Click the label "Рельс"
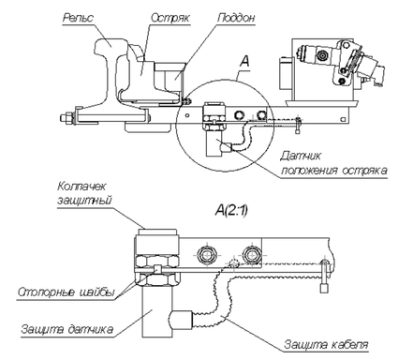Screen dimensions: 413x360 pyautogui.click(x=78, y=18)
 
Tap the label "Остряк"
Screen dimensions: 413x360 pyautogui.click(x=170, y=18)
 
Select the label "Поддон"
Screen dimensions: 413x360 pyautogui.click(x=236, y=18)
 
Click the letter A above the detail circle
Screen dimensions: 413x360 pyautogui.click(x=244, y=61)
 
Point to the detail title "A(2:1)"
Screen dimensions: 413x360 pyautogui.click(x=231, y=211)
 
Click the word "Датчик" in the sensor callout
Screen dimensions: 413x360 pyautogui.click(x=300, y=156)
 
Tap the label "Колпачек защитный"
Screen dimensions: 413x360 pyautogui.click(x=84, y=193)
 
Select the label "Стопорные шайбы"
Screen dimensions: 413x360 pyautogui.click(x=66, y=292)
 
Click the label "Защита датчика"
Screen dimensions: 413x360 pyautogui.click(x=66, y=329)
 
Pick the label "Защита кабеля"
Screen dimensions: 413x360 pyautogui.click(x=326, y=344)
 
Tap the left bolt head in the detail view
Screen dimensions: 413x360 pyautogui.click(x=206, y=255)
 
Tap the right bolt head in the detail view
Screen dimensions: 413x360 pyautogui.click(x=251, y=255)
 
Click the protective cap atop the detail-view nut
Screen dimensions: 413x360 pyautogui.click(x=157, y=232)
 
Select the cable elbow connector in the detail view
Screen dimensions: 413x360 pyautogui.click(x=181, y=320)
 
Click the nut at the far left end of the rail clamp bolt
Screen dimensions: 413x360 pyautogui.click(x=66, y=118)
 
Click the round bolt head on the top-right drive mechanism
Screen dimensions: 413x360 pyautogui.click(x=321, y=56)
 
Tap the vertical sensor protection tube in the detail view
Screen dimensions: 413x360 pyautogui.click(x=157, y=312)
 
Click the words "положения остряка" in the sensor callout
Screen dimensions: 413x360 pyautogui.click(x=334, y=171)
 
